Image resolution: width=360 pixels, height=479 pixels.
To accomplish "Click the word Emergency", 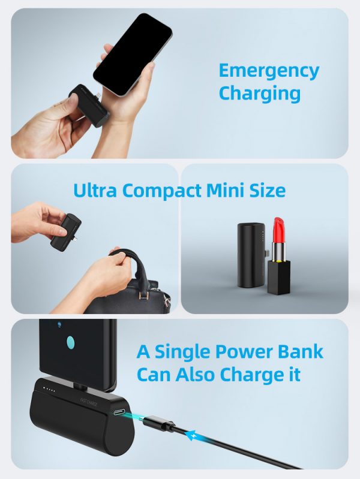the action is click(269, 72).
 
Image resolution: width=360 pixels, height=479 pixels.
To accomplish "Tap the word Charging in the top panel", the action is click(260, 94).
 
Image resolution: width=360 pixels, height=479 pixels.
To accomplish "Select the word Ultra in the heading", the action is click(95, 190).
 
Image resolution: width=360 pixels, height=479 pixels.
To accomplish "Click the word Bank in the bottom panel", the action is click(300, 352).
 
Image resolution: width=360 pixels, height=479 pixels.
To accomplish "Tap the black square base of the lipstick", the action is click(278, 277).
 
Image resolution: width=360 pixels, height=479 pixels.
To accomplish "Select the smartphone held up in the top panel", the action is click(133, 54).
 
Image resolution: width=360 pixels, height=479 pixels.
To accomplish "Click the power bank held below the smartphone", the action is click(89, 106).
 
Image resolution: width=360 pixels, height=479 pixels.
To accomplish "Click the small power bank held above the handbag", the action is click(66, 232).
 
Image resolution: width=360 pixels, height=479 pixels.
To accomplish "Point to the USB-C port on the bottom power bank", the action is click(119, 412).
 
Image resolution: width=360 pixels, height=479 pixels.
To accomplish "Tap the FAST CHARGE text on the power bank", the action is click(88, 402).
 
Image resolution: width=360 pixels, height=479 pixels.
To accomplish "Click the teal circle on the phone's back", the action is click(71, 343).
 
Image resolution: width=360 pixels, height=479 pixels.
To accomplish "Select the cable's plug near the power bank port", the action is click(158, 424).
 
